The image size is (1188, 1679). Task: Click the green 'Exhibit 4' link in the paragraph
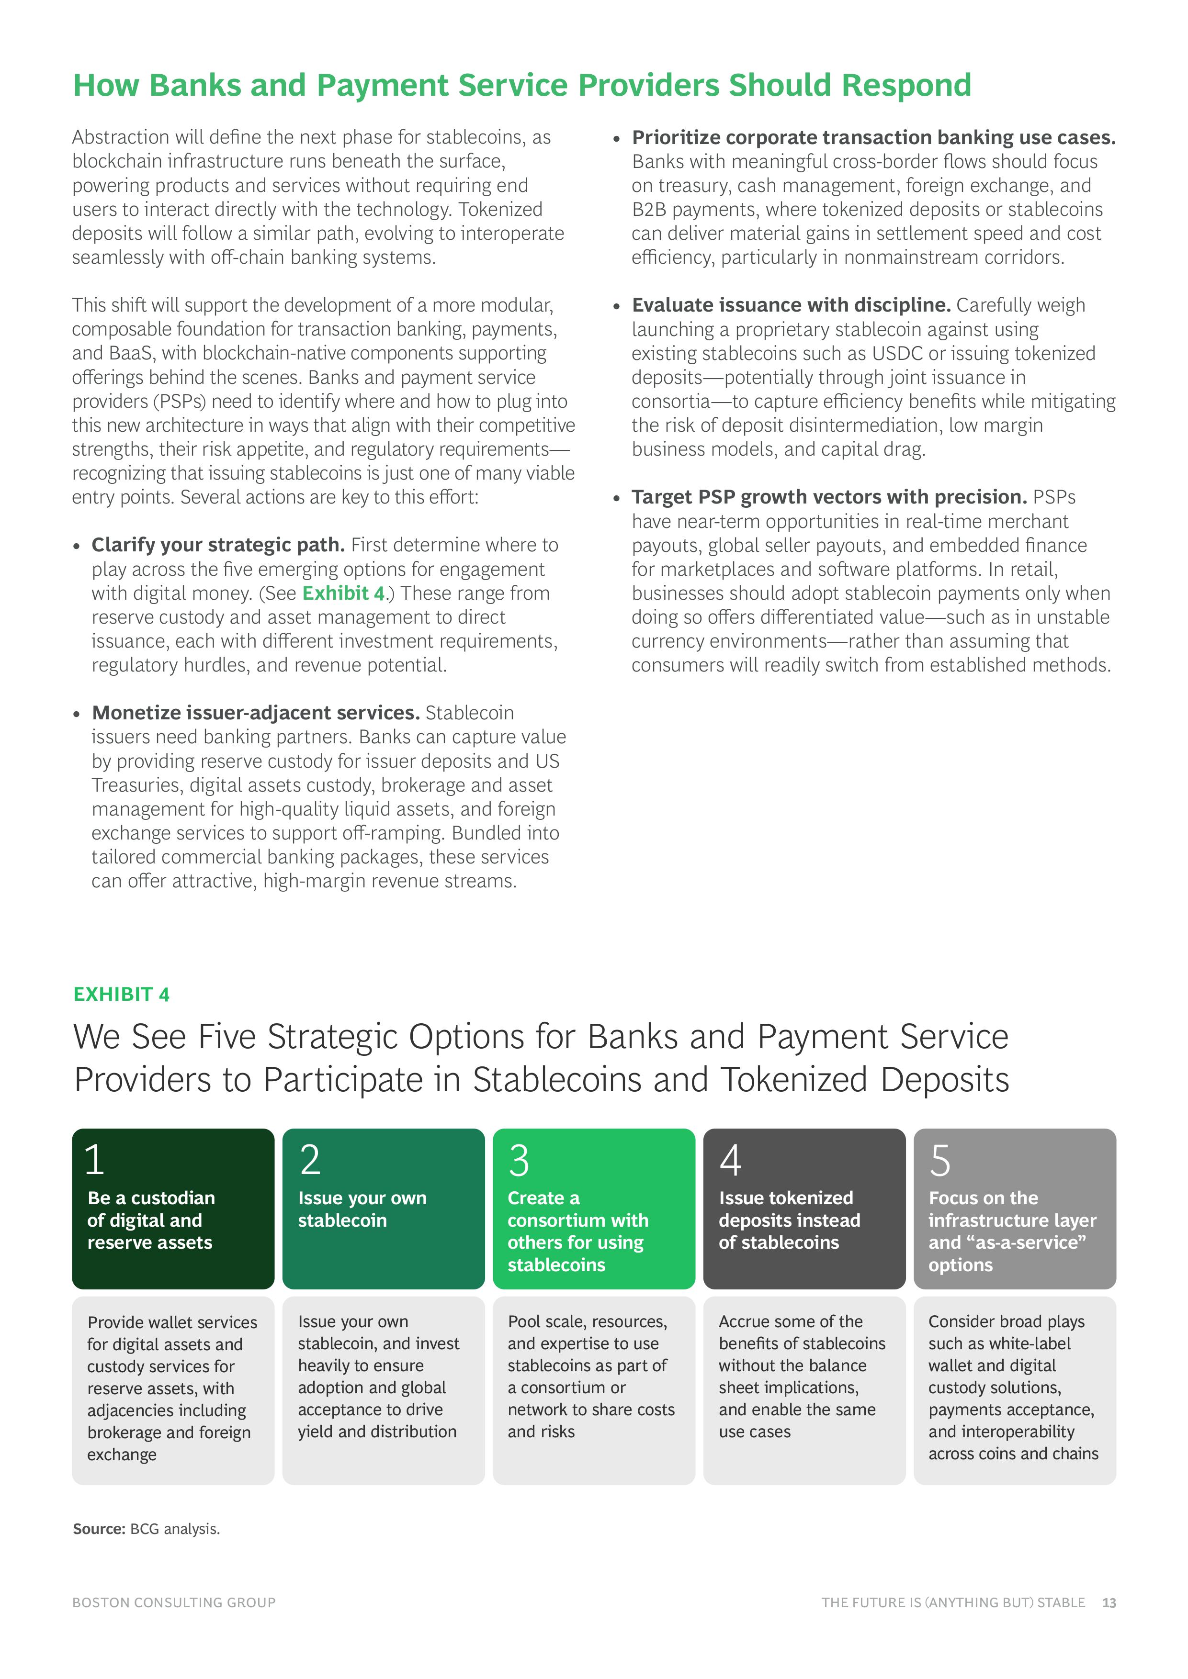point(343,593)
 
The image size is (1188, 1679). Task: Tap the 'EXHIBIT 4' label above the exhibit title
point(122,995)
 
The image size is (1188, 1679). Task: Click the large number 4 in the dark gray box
point(730,1161)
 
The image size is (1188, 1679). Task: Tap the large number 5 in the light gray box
point(940,1161)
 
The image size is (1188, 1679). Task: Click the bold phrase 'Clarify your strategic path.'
point(218,545)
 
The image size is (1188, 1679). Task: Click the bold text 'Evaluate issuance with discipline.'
point(791,305)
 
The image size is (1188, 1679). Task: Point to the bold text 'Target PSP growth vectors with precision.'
point(829,497)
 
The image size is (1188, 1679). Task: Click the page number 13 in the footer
point(1109,1603)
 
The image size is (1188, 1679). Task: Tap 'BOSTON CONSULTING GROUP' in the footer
point(174,1603)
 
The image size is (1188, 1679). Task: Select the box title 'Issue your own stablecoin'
point(362,1209)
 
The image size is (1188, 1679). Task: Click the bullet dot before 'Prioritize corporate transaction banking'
point(617,139)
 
